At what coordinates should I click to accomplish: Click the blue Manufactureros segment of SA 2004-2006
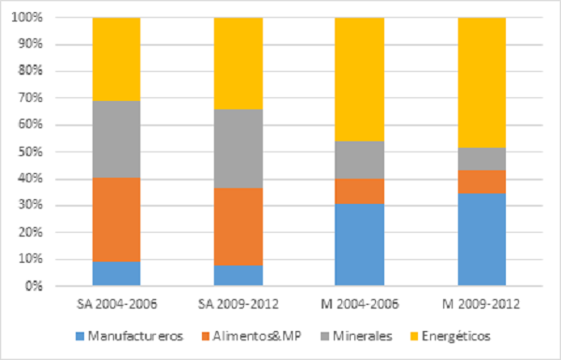click(116, 273)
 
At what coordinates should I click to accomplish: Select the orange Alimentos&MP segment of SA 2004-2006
click(116, 219)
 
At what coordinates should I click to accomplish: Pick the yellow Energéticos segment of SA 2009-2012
click(237, 64)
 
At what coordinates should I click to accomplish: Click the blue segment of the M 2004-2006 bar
click(359, 244)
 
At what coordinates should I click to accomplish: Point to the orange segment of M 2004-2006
click(359, 191)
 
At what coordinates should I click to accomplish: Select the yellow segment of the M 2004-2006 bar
click(359, 79)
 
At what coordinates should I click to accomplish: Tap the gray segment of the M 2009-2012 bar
click(481, 158)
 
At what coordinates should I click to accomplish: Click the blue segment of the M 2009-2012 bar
click(481, 239)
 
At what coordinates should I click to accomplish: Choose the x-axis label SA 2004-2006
click(116, 303)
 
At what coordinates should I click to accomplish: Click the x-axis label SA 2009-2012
click(237, 303)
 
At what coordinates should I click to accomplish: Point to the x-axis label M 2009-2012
click(481, 303)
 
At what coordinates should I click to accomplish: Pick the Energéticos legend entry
click(453, 335)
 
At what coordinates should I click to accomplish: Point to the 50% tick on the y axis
click(33, 152)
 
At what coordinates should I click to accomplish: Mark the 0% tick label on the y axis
click(36, 286)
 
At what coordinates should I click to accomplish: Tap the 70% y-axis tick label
click(33, 98)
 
